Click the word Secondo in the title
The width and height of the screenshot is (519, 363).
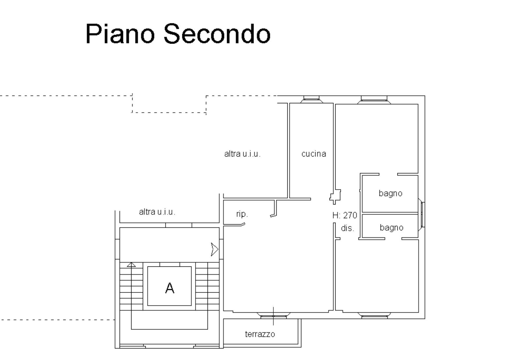tap(217, 34)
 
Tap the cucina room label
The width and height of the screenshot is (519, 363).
tap(313, 154)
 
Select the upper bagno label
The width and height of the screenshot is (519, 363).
tap(390, 193)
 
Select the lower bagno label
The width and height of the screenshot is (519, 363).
tap(391, 228)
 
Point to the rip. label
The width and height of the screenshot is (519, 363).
tap(242, 214)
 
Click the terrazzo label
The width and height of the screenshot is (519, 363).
tap(260, 334)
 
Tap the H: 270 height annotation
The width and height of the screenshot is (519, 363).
tap(345, 216)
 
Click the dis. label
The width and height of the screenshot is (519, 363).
tap(347, 228)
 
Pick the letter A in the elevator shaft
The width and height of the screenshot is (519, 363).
tap(170, 288)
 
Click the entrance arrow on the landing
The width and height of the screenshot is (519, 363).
tap(215, 249)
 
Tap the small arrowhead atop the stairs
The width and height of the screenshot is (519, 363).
tap(131, 264)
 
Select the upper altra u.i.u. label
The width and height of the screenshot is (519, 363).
tap(242, 154)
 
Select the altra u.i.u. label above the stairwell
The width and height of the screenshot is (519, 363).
tap(157, 212)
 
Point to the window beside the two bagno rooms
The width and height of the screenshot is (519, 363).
tap(421, 215)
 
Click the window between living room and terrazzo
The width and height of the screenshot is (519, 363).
tap(273, 316)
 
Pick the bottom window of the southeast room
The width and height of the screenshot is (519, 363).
tap(374, 316)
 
